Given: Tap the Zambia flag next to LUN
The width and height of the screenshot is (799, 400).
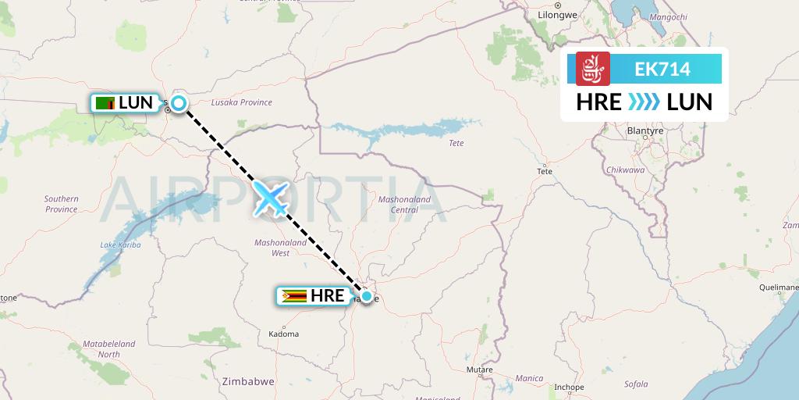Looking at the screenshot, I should (x=105, y=102).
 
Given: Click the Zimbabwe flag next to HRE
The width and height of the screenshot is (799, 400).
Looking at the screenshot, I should (x=293, y=296).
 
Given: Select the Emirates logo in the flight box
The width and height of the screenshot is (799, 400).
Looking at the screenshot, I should (x=592, y=69).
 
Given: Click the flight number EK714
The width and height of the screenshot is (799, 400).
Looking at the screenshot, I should (x=663, y=69).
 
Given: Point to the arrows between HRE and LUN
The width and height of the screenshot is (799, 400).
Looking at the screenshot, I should (x=645, y=102).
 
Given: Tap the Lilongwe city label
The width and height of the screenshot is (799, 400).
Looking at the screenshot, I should (x=557, y=14).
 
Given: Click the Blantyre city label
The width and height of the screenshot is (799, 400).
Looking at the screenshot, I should (x=645, y=130).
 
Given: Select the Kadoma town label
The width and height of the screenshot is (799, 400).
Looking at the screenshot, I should (x=283, y=334).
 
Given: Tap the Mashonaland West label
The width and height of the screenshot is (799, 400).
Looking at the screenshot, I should (x=281, y=248).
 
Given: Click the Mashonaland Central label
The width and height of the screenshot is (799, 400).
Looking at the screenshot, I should (x=403, y=205).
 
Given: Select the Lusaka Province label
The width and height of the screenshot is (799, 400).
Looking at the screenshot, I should (x=242, y=102).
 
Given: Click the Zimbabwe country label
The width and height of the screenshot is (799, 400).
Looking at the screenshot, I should (x=247, y=381).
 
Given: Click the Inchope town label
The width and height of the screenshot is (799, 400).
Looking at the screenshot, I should (x=568, y=387).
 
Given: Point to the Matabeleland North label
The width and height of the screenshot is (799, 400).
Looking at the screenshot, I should (x=109, y=348).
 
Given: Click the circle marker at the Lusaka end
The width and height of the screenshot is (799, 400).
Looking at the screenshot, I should (x=179, y=102).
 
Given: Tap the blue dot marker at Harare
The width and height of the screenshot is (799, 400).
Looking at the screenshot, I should (x=367, y=295).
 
